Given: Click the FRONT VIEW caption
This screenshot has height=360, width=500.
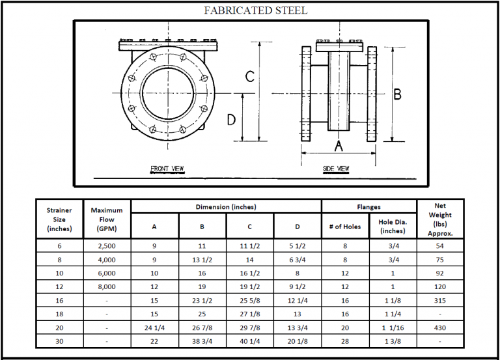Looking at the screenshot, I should click(167, 169).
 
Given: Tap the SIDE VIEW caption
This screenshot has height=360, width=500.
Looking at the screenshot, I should click(336, 169).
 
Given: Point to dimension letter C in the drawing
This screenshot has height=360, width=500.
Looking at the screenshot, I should click(249, 77).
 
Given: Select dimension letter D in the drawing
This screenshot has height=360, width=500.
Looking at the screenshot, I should click(230, 120).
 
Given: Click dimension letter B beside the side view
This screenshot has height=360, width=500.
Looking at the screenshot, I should click(397, 94).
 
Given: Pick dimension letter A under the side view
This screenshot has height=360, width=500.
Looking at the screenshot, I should click(339, 145).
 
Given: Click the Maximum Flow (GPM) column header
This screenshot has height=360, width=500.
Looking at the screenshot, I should click(107, 219).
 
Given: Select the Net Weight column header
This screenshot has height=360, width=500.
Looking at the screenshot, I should click(440, 219).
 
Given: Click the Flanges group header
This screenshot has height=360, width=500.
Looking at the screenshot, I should click(369, 207).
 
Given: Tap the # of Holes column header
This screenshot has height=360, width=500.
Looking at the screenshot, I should click(345, 227).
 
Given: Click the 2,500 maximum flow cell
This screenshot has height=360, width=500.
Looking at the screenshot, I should click(107, 247).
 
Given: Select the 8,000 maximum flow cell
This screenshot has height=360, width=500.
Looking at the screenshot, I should click(107, 286).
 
